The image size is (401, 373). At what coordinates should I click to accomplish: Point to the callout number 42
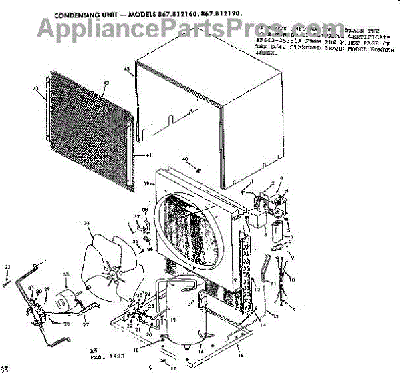point(106,83)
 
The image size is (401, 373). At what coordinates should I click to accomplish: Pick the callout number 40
point(185,159)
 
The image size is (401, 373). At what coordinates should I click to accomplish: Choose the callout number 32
point(7,268)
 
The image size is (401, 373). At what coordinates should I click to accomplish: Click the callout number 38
point(144,210)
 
